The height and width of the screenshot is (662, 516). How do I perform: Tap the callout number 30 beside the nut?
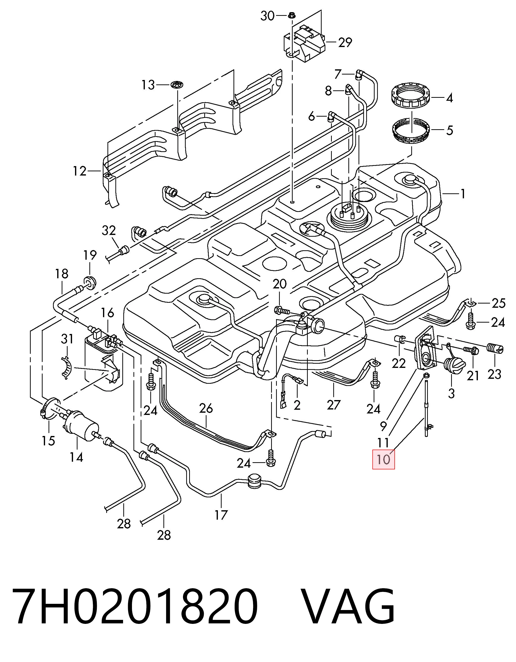267,16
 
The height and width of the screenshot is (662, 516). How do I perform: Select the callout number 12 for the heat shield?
80,172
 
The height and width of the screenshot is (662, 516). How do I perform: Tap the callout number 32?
109,231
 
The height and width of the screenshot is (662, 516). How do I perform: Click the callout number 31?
67,339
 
